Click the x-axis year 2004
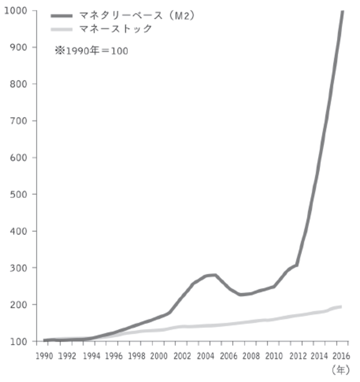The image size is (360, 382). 205,355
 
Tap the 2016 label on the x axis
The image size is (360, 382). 341,355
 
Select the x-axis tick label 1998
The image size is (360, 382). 137,355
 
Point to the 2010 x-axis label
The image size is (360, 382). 274,355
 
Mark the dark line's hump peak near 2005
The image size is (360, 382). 214,275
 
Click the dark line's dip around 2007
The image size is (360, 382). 241,295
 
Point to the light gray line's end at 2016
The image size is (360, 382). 341,307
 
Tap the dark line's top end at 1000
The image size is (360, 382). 342,12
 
